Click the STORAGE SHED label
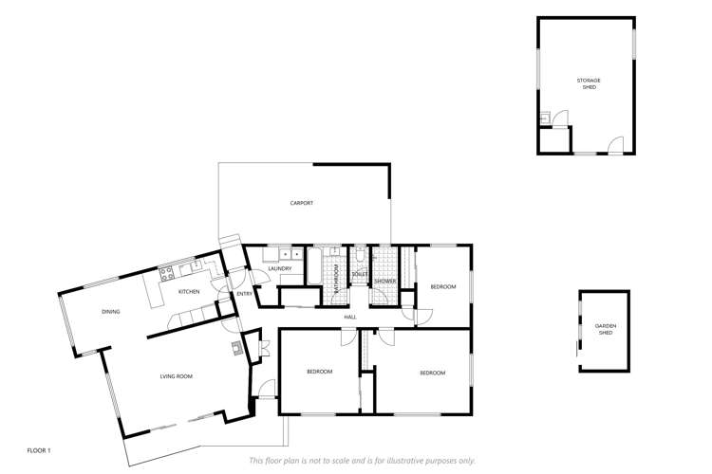point(589,83)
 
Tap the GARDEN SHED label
point(606,328)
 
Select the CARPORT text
point(302,203)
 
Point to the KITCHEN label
point(189,291)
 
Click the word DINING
point(111,311)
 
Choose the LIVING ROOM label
point(176,376)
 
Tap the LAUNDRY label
point(279,269)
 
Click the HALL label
point(350,317)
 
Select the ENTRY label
point(244,294)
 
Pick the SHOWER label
point(384,281)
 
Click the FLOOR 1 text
point(39,449)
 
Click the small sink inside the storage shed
point(545,118)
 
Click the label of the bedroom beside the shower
point(443,286)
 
